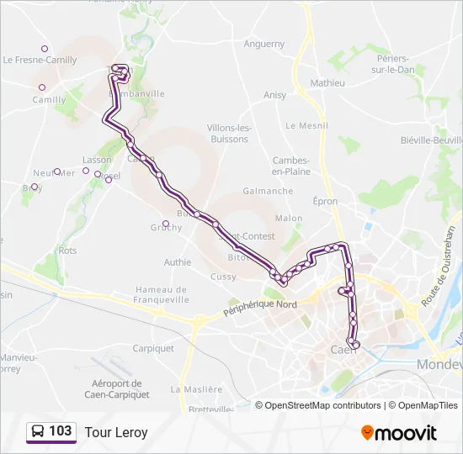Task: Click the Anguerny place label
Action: [263, 45]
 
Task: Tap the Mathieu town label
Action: [327, 83]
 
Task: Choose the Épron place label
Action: [325, 202]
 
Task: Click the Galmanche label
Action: [268, 191]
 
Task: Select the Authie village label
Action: [178, 262]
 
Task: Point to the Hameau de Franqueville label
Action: [161, 294]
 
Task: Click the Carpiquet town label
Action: [153, 348]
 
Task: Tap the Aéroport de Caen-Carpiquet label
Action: [118, 388]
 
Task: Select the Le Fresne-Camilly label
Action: [40, 61]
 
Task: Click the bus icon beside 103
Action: [38, 432]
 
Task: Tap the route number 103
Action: [61, 432]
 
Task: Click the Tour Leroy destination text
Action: [116, 433]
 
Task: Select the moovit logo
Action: [399, 432]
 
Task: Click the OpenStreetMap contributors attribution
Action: [323, 405]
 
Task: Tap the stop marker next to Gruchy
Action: [166, 224]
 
